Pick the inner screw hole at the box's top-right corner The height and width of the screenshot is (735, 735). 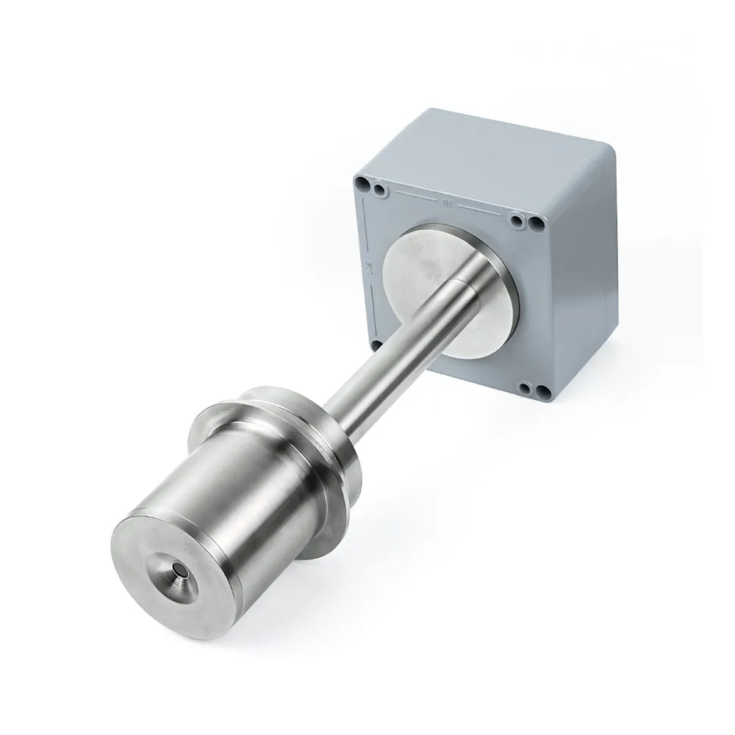(x=519, y=220)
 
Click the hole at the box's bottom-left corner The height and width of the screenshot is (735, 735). (x=376, y=343)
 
